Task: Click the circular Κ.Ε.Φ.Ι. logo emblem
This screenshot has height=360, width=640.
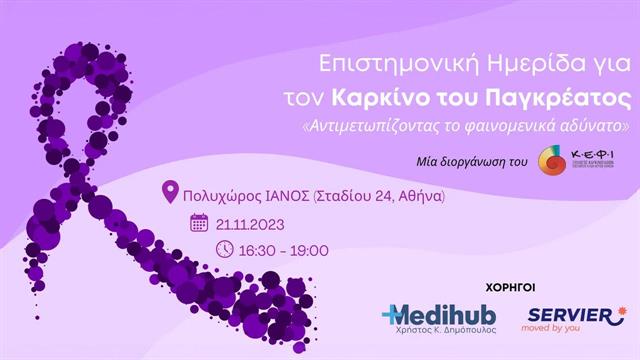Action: point(551,160)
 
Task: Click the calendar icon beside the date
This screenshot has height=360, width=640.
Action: point(199,222)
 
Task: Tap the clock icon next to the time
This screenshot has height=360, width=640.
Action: point(224,249)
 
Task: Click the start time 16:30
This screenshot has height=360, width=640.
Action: point(262,250)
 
